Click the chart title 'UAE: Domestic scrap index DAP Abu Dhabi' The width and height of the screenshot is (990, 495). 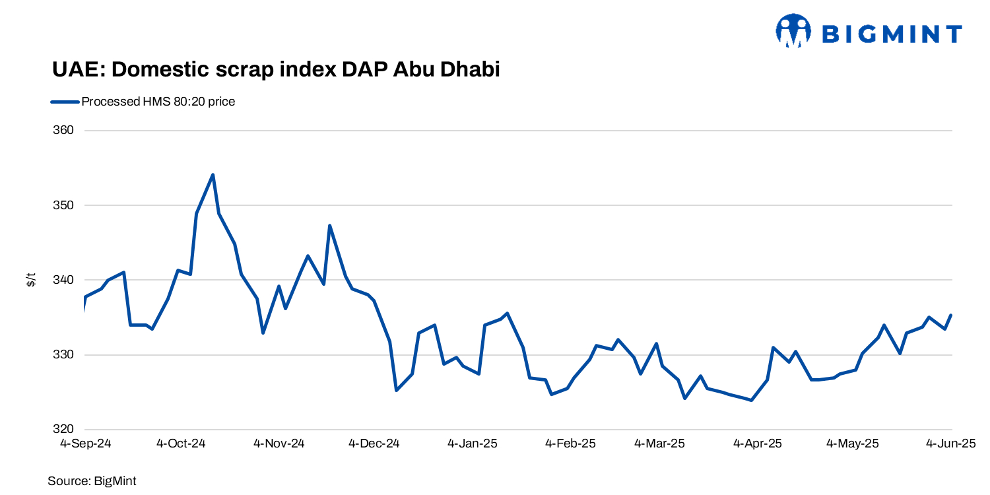275,69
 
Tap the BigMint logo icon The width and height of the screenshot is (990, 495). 793,31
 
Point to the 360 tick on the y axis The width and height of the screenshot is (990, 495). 64,131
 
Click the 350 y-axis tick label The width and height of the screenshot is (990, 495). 64,205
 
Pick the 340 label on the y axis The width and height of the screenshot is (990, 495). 64,280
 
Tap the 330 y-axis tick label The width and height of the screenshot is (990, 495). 64,355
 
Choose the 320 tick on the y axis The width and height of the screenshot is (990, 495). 64,430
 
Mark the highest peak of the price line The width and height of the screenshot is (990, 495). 213,175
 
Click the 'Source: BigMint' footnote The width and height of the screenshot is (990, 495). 92,481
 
